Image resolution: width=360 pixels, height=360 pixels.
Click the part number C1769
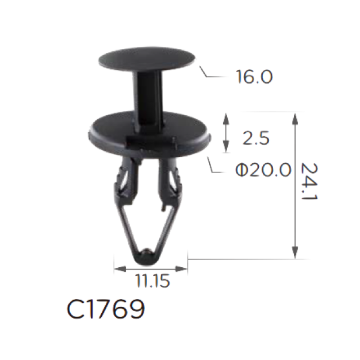click(106, 309)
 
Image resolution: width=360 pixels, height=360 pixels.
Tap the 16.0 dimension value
click(254, 76)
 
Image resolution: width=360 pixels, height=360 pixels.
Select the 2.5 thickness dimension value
click(256, 138)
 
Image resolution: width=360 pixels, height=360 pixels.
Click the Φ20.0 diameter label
click(263, 170)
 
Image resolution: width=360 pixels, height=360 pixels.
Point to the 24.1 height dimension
click(309, 181)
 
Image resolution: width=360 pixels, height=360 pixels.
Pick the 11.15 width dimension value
click(153, 281)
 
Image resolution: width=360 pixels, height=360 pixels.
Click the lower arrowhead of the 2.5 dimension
click(226, 147)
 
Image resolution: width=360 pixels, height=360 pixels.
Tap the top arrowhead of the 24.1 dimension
click(295, 119)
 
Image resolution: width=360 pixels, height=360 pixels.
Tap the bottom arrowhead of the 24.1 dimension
click(295, 252)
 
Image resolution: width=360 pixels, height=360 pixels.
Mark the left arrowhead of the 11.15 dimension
click(120, 269)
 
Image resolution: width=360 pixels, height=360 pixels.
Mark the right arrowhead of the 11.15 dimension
click(181, 269)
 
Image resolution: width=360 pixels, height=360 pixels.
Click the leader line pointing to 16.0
click(211, 73)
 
